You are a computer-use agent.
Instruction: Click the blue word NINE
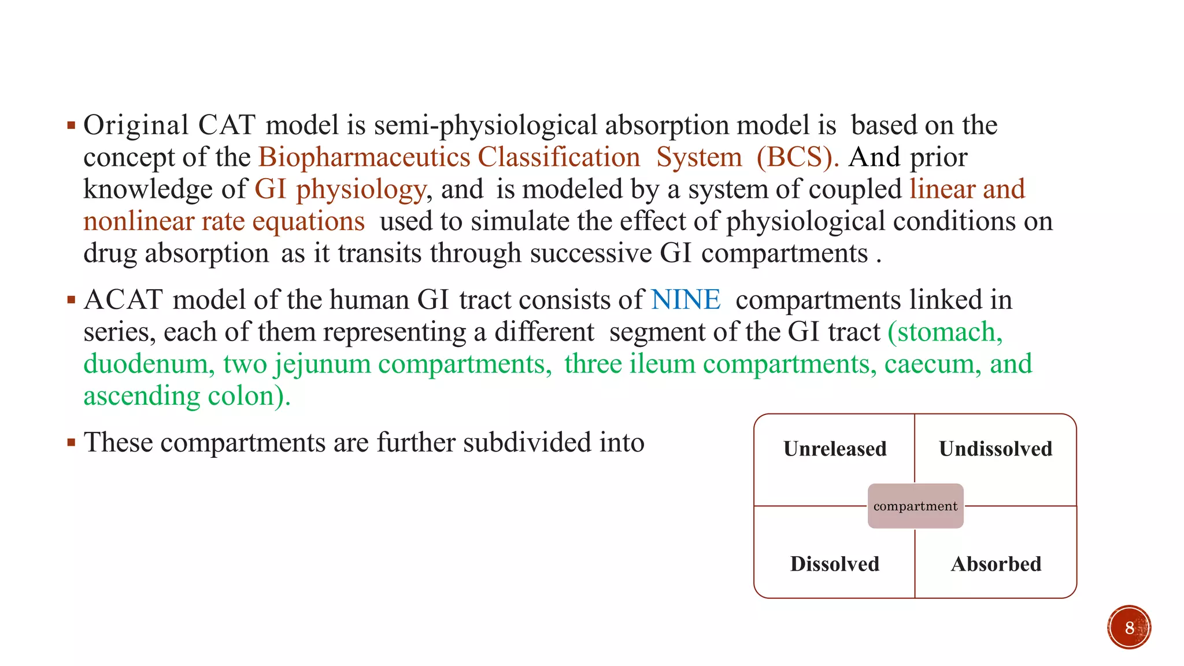(686, 300)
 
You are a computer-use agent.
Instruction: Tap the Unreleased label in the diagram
(835, 449)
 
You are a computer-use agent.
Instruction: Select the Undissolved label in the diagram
(996, 449)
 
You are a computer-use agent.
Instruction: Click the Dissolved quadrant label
(835, 564)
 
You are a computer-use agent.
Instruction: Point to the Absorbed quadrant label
(996, 564)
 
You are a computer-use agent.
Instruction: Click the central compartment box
(915, 506)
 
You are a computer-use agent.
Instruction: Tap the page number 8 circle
(1129, 627)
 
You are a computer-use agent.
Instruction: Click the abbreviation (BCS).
(797, 157)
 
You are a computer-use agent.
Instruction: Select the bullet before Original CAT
(71, 125)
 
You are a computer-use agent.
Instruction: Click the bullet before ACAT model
(71, 300)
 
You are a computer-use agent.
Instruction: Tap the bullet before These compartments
(71, 443)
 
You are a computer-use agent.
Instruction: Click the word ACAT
(123, 300)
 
